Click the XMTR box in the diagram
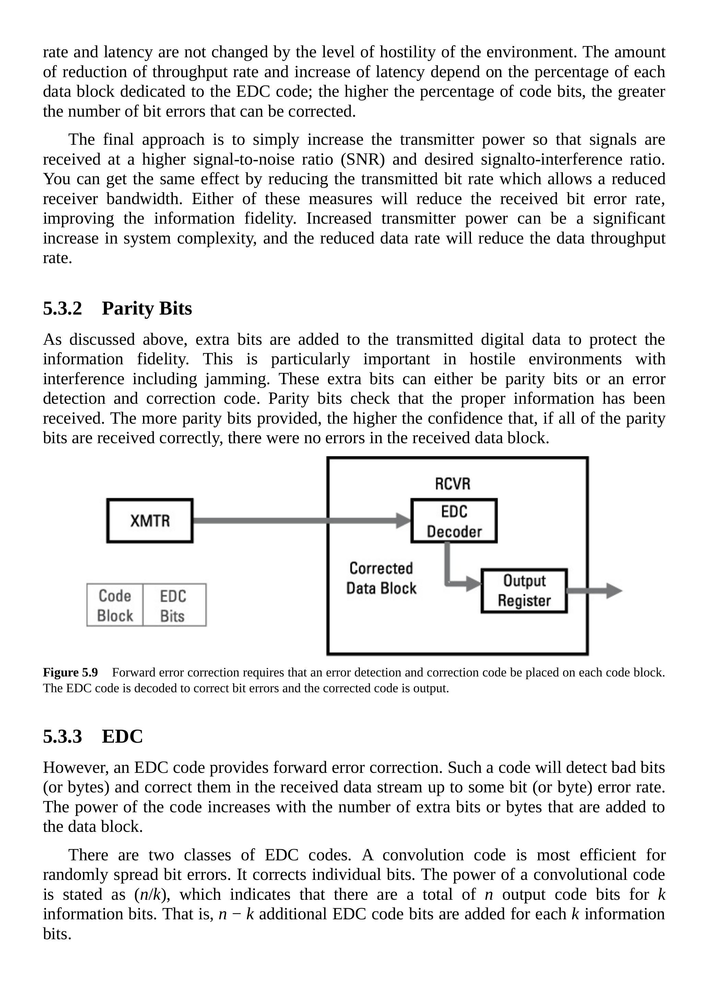(x=150, y=521)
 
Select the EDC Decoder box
(x=454, y=521)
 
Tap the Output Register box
(x=524, y=591)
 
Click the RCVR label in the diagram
(x=452, y=484)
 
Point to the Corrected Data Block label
(x=381, y=578)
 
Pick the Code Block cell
(x=115, y=605)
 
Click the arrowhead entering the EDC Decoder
(x=404, y=521)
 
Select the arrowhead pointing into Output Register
(x=474, y=583)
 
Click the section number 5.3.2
(x=62, y=308)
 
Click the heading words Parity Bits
(x=147, y=308)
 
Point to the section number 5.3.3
(x=62, y=736)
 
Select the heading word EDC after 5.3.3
(x=122, y=736)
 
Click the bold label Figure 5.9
(x=70, y=672)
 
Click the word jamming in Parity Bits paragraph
(x=237, y=379)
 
